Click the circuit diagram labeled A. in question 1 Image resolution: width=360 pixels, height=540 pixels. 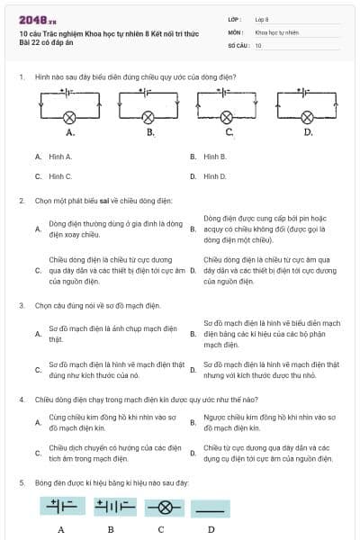point(69,105)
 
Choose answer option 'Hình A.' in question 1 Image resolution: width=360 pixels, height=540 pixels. point(60,157)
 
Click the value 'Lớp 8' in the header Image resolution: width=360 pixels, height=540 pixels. point(262,20)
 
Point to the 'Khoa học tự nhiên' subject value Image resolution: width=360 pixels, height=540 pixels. point(276,32)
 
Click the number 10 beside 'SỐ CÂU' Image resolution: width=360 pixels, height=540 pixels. point(258,45)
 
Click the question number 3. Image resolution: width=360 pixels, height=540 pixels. point(21,305)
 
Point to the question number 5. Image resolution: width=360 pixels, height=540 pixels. point(21,483)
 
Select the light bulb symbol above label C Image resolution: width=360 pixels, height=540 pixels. point(161,506)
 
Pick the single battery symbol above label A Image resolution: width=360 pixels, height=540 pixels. point(60,506)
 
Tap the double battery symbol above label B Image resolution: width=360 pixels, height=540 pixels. point(112,506)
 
